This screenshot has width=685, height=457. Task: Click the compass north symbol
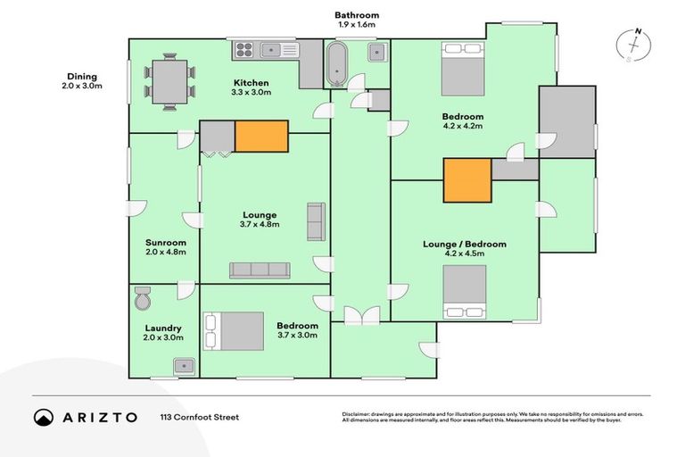coord(635,46)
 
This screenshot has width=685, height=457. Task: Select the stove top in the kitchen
coord(244,51)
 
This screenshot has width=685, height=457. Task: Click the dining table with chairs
coord(169,81)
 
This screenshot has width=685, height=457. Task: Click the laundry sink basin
coord(185,365)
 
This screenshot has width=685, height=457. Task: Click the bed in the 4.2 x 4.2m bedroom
coord(464,71)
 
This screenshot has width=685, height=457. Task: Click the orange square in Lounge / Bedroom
coord(467,180)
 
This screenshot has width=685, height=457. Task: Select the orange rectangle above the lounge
coord(261,136)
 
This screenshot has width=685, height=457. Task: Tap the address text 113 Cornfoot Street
coord(199,417)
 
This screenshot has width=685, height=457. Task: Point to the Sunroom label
coord(166,243)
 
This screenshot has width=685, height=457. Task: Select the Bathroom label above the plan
coord(357,15)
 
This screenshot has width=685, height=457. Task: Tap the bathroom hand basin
coord(377,51)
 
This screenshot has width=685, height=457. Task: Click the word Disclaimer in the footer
coord(358,414)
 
